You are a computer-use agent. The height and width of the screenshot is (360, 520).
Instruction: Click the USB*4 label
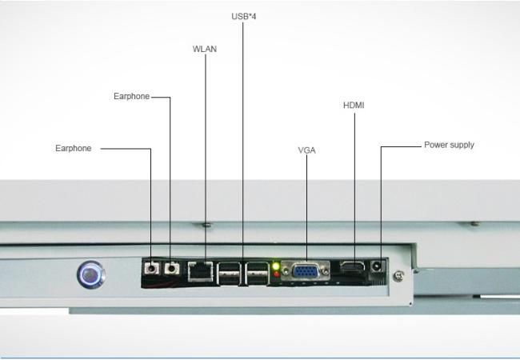click(x=244, y=16)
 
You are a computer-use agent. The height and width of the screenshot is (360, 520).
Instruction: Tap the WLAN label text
click(x=205, y=49)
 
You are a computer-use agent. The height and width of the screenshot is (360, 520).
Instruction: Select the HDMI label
click(x=354, y=106)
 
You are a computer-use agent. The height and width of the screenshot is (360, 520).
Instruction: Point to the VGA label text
click(x=306, y=150)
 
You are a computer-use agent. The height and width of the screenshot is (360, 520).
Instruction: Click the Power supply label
click(x=449, y=145)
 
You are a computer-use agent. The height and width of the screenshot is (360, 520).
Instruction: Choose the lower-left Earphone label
click(x=74, y=148)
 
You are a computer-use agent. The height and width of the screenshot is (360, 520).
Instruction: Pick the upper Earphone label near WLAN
click(x=132, y=97)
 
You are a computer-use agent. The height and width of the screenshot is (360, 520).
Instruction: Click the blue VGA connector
click(x=306, y=271)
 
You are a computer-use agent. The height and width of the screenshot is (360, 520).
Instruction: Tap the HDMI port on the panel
click(x=352, y=268)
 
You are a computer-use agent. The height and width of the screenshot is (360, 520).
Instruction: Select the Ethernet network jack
click(x=200, y=271)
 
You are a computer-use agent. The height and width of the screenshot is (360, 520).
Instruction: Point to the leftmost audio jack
click(x=151, y=268)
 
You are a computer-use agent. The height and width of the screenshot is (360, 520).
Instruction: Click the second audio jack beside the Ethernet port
click(x=171, y=268)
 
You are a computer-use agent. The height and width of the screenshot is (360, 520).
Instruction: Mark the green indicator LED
click(x=276, y=266)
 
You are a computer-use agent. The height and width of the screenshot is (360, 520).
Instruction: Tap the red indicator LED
click(x=277, y=274)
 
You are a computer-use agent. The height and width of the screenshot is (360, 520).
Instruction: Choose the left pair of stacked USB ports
click(x=229, y=274)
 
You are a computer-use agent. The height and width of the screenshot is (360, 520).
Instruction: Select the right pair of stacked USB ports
click(x=257, y=274)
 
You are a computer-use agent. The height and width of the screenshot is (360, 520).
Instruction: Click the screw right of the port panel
click(x=398, y=275)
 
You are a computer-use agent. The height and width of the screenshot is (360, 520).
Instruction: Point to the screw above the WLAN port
click(x=206, y=225)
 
